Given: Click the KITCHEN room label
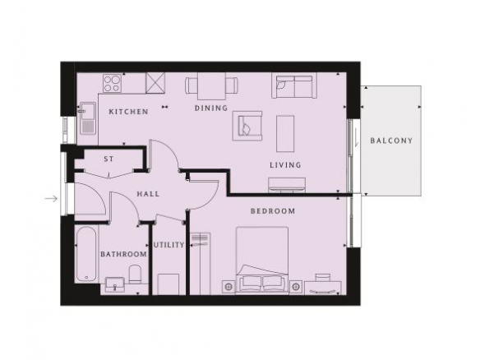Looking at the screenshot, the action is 128,112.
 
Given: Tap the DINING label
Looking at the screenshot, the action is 211,108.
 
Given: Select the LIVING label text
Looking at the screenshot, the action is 285,165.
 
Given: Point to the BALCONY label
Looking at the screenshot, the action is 391,141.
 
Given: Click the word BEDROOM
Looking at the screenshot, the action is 273,211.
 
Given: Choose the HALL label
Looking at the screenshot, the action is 148,194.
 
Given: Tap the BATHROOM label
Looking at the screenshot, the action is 123,254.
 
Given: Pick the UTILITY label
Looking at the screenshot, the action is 169,245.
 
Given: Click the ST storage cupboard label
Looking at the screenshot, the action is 108,159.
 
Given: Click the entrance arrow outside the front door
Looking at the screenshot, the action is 51,199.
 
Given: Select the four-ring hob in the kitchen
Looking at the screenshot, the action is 112,84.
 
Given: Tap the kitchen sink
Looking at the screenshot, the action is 88,118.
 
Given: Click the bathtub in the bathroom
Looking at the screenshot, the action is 87,255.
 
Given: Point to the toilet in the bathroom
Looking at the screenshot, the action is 135,274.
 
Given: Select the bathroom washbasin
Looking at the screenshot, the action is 115,284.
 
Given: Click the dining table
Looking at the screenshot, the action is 211,86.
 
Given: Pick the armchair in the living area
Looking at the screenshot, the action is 247,126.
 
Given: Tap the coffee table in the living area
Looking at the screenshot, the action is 285,133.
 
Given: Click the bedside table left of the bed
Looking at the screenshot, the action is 228,287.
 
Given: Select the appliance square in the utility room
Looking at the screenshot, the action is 168,284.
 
